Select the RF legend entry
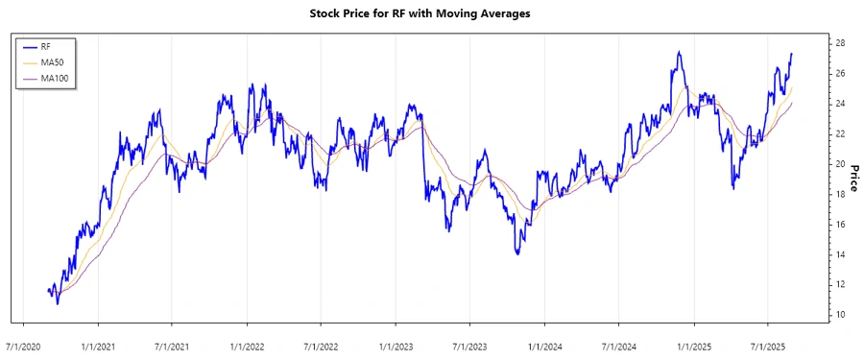click(45, 45)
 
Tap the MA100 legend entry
click(54, 78)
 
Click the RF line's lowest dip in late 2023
click(517, 252)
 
